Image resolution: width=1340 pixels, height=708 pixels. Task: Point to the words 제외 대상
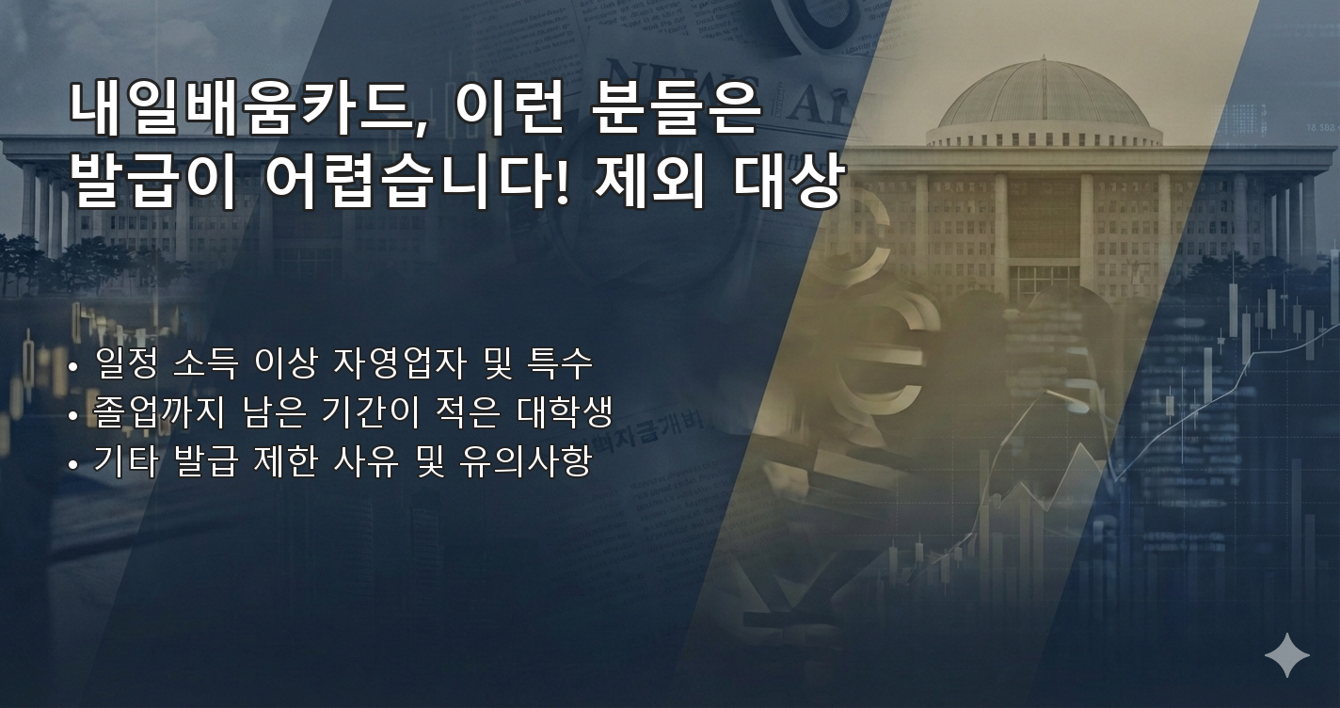point(717,180)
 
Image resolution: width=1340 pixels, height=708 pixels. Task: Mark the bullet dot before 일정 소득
point(73,365)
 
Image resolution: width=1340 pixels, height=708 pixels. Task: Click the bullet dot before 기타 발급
point(73,464)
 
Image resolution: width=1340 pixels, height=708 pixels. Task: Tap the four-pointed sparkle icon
point(1286,655)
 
